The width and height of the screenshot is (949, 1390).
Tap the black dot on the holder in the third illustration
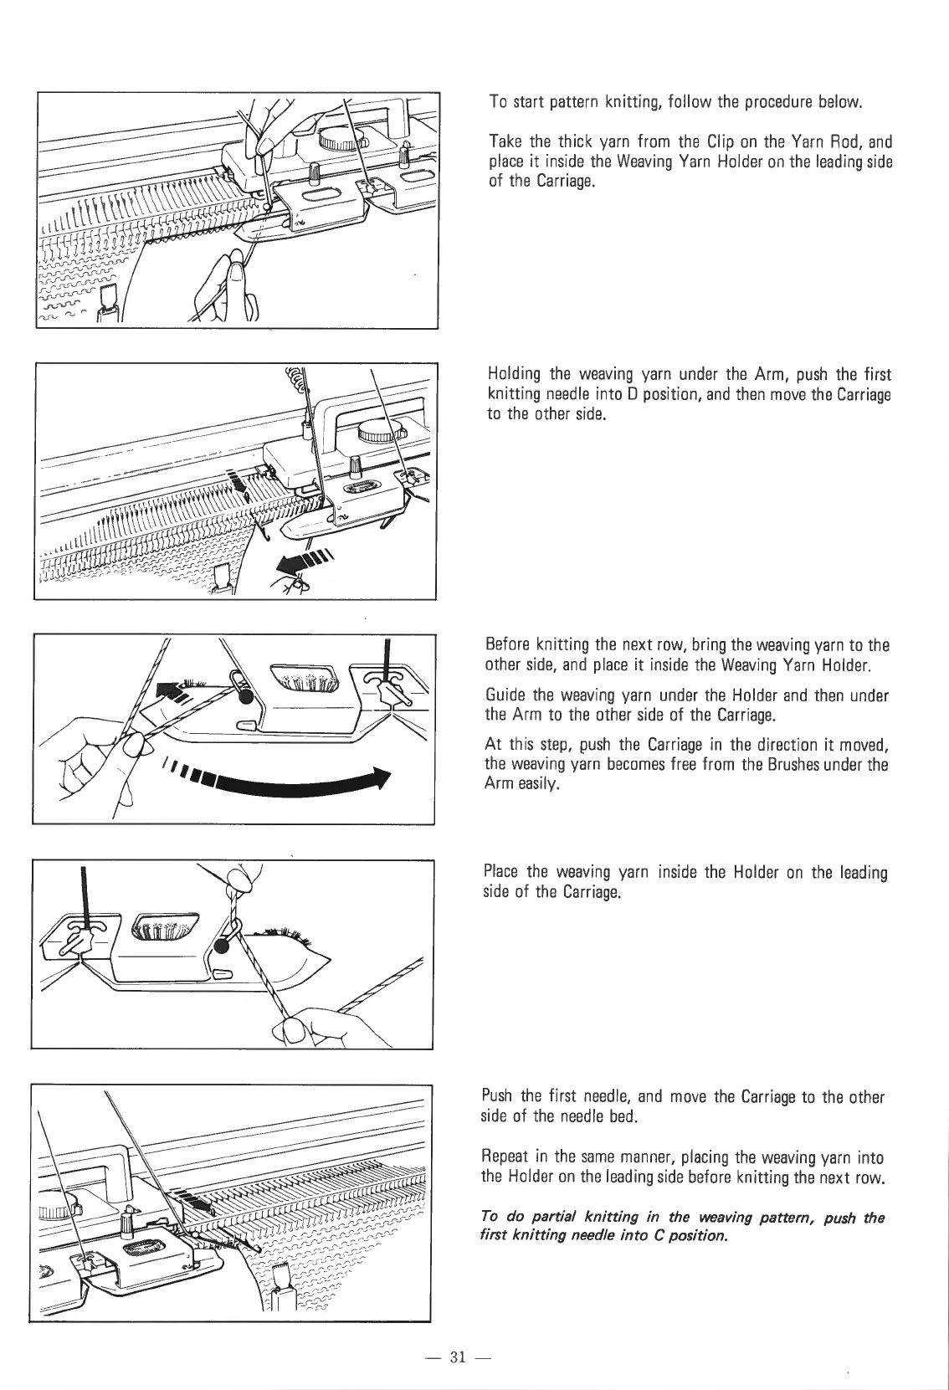click(x=244, y=695)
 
